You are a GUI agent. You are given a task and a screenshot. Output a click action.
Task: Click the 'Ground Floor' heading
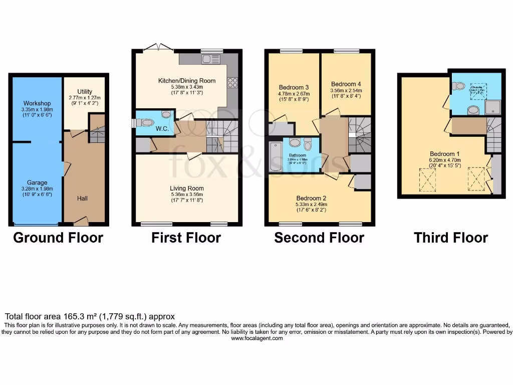coord(58,238)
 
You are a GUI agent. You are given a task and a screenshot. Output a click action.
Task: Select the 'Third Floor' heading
coord(451,238)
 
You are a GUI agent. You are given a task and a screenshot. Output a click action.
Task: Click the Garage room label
coord(37,183)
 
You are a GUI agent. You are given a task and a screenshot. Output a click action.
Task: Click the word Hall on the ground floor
coord(83,199)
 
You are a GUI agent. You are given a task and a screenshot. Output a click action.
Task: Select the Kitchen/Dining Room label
coord(187,81)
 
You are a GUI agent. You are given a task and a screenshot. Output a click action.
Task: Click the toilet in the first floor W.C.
coord(146,122)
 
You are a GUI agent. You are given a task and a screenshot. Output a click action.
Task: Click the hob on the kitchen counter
coord(232,83)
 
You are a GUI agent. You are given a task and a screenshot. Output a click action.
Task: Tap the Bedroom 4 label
coord(346,84)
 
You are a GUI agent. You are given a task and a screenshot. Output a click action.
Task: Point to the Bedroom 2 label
coord(311,198)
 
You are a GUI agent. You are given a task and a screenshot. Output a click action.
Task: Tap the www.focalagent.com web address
coord(256,338)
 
